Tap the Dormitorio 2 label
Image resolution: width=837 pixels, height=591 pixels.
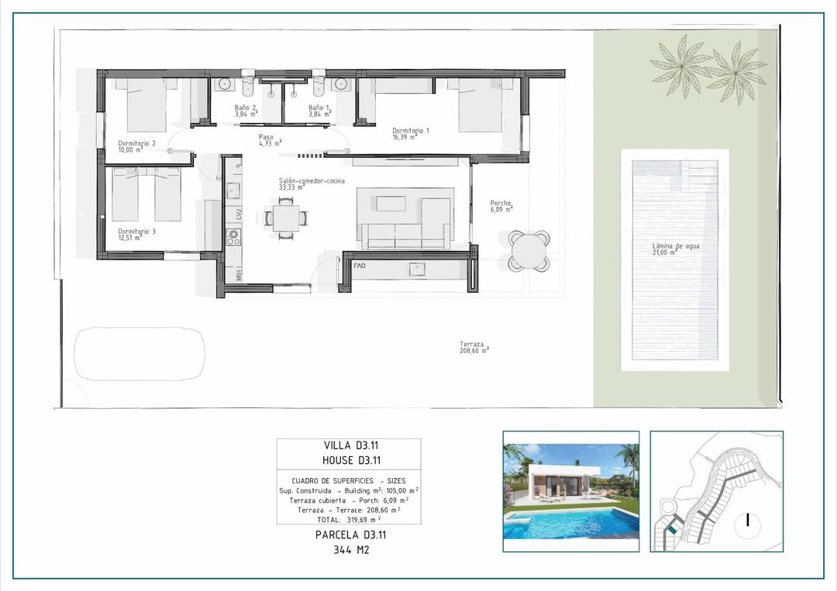pos(137,146)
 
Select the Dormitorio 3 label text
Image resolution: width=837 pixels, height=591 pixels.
pos(137,234)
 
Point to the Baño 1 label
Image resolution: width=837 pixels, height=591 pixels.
pos(319,111)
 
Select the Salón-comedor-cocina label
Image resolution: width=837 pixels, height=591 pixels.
pos(312,183)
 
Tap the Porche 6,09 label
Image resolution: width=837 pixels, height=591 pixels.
pos(501,207)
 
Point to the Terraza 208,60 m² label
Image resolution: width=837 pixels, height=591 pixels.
pos(474,348)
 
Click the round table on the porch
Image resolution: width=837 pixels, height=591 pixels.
pos(529,250)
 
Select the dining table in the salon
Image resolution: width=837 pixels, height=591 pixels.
pos(286,218)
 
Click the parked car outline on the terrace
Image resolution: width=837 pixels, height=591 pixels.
pos(140,354)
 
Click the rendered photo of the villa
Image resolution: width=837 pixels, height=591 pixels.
pos(570,491)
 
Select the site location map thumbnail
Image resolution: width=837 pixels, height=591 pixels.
pos(716,491)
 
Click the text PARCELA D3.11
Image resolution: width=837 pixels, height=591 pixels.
pos(350,534)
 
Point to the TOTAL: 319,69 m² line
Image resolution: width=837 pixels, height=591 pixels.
pos(350,519)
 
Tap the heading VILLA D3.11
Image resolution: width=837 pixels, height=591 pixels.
pos(350,445)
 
